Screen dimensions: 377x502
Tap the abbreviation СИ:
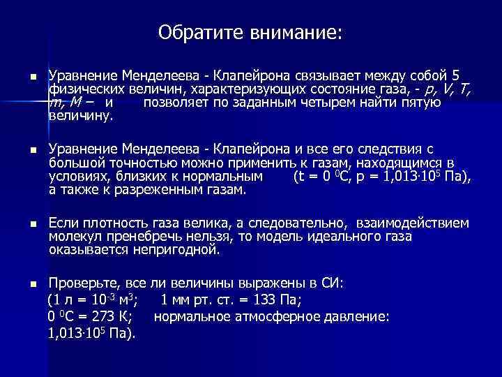tap(341, 284)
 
